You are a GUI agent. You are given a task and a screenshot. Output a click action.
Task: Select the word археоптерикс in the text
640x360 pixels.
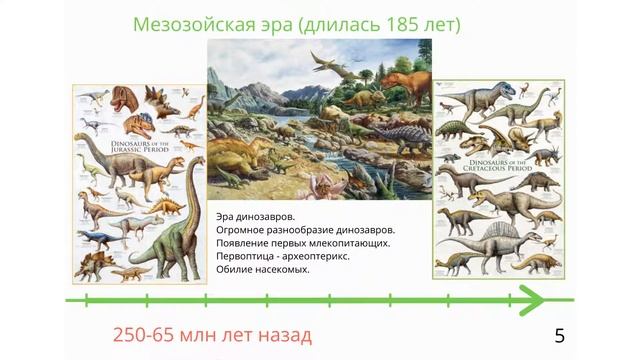(x=317, y=256)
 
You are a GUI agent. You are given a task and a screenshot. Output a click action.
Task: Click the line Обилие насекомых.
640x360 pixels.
(x=263, y=269)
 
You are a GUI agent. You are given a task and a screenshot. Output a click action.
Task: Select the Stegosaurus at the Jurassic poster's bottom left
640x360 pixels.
(x=98, y=262)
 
